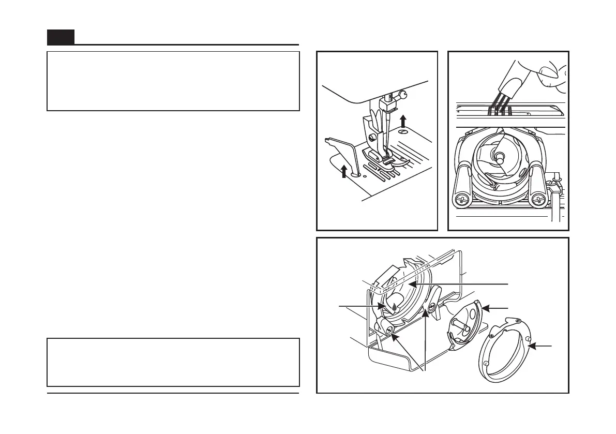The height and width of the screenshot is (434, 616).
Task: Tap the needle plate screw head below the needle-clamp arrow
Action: (402, 133)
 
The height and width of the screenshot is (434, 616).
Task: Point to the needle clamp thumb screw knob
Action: (403, 94)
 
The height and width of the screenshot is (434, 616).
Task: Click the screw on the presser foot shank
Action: (372, 137)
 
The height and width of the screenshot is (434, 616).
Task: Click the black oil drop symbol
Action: (395, 307)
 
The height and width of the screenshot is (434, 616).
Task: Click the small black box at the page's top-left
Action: (61, 37)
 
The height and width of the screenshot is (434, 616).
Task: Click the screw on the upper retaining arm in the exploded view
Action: (429, 309)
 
